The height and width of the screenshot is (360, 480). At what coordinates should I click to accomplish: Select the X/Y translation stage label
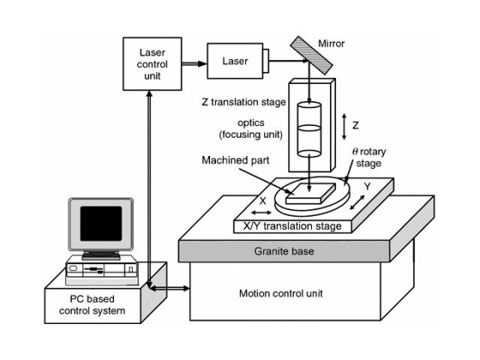pyautogui.click(x=289, y=226)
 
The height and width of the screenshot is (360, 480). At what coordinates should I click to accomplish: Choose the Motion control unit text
pyautogui.click(x=280, y=293)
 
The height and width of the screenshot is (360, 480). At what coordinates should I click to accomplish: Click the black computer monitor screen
pyautogui.click(x=100, y=223)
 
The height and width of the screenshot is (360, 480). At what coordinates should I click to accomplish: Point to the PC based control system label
pyautogui.click(x=93, y=304)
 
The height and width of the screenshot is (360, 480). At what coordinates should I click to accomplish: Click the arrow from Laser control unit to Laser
pyautogui.click(x=193, y=63)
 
